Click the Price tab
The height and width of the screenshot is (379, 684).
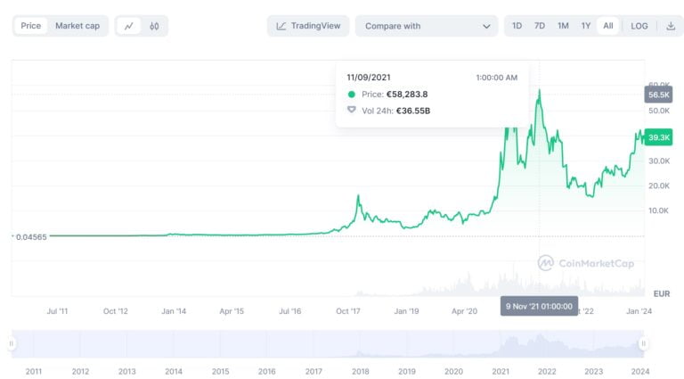[31, 26]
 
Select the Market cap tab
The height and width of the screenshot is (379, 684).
[77, 26]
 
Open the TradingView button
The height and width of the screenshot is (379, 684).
[308, 26]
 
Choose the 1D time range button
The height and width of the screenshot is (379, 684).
[517, 26]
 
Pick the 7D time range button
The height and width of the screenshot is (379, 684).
[540, 26]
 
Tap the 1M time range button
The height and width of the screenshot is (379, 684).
[563, 26]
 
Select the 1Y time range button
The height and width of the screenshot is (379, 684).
[586, 26]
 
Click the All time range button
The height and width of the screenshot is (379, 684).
[608, 26]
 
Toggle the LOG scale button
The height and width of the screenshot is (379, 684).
[639, 26]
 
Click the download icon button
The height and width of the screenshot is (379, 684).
[671, 26]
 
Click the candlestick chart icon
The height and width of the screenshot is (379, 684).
[154, 26]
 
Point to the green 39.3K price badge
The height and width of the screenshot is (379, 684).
[659, 137]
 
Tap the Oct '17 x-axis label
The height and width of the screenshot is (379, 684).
[348, 311]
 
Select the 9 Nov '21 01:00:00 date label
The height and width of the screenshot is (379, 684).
[539, 306]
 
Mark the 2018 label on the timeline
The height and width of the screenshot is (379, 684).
[360, 371]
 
